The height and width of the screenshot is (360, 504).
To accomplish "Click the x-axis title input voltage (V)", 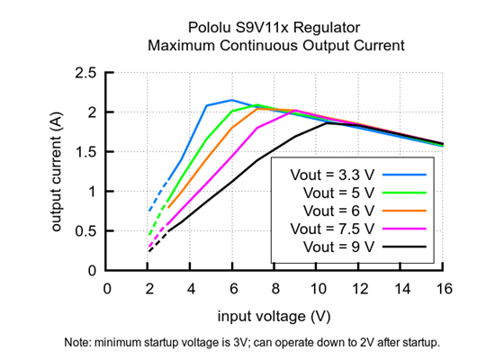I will [274, 316].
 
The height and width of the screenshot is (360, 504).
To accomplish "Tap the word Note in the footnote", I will [79, 343].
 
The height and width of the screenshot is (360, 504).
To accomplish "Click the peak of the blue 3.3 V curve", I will [232, 100].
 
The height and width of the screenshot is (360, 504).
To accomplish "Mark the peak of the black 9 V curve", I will [327, 122].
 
